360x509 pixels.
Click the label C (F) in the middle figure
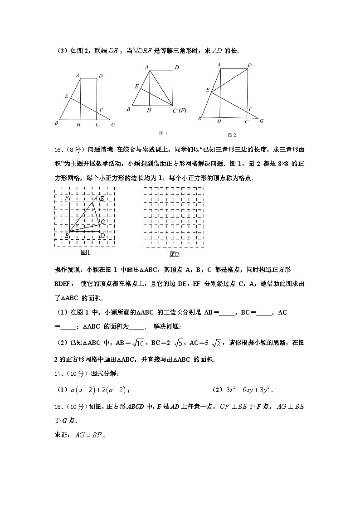(x=180, y=111)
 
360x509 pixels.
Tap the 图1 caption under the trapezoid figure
(x=163, y=133)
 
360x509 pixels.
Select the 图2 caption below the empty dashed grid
(x=174, y=254)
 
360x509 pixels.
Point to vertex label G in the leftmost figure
(x=112, y=125)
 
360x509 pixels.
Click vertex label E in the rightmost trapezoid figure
(x=207, y=90)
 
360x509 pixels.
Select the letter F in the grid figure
(x=67, y=199)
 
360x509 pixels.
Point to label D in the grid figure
(x=102, y=235)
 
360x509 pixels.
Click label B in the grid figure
(x=66, y=235)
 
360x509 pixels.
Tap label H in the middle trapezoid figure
(x=149, y=110)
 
